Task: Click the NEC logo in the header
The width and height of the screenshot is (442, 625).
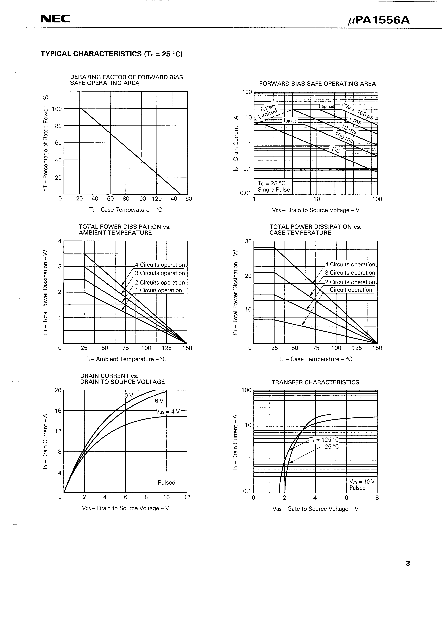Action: pos(55,19)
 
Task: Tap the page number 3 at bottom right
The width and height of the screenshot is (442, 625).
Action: pos(408,564)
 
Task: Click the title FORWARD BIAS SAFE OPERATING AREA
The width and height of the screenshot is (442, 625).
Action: pos(317,84)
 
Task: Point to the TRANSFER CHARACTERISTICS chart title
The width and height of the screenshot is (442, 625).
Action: pos(315,382)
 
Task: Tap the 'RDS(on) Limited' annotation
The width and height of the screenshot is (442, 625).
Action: pos(268,111)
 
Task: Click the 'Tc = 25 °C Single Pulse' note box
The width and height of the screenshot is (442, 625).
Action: pos(274,186)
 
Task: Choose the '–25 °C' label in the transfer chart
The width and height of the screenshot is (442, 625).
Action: pos(330,447)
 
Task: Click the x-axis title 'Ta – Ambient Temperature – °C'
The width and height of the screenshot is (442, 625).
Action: pos(125,359)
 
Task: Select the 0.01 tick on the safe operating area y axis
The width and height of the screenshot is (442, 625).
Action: pos(245,193)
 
